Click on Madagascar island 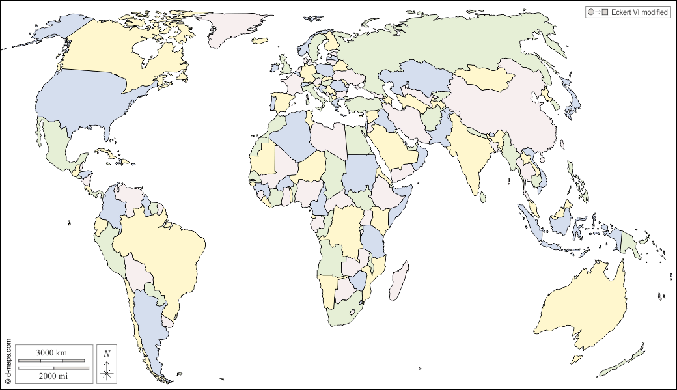pyautogui.click(x=400, y=279)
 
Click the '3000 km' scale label pyautogui.click(x=51, y=352)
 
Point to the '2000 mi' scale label pyautogui.click(x=51, y=376)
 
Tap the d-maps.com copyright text pyautogui.click(x=8, y=361)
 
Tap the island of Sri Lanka pyautogui.click(x=482, y=193)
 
